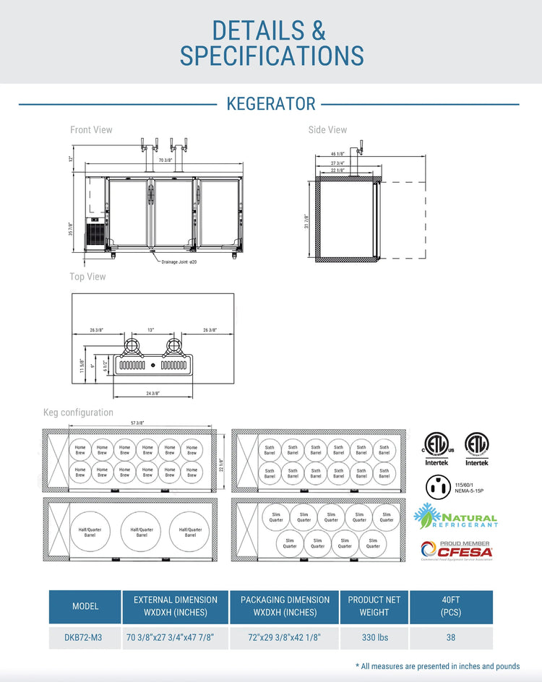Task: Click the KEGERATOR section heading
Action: coord(271,104)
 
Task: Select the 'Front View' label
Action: coord(91,130)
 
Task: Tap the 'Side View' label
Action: coord(327,130)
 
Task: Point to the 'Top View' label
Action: coord(87,277)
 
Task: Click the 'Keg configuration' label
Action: coord(78,413)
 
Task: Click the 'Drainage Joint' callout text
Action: coord(178,262)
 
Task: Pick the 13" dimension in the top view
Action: coord(151,330)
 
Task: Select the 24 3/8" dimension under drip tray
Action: coord(152,394)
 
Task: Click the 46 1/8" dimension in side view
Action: coord(337,154)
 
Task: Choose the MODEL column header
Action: coord(85,606)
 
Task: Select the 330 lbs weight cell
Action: coord(374,638)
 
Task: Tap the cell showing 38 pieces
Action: coord(451,638)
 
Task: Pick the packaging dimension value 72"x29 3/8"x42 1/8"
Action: coord(284,638)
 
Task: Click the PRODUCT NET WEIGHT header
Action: coord(374,606)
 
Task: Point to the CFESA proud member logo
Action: coord(456,551)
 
